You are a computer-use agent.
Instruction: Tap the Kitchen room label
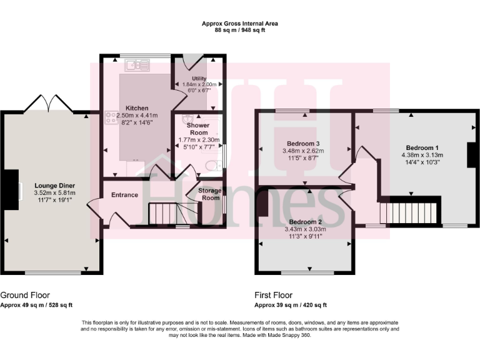136,108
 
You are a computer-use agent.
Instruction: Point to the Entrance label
124,195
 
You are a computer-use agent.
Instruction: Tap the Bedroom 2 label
306,222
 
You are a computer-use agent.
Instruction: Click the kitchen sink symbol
137,64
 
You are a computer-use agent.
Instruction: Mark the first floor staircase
412,212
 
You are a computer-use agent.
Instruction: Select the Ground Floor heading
26,295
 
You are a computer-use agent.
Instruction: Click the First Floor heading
273,295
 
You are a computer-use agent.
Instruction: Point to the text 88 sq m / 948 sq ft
240,30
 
